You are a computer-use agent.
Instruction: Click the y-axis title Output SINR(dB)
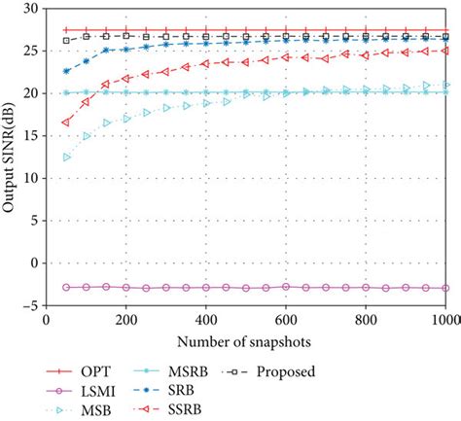(x=13, y=156)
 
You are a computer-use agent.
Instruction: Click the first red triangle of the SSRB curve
(x=66, y=122)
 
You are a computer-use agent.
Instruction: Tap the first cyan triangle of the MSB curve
(x=66, y=157)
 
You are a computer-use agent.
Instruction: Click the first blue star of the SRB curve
(x=66, y=71)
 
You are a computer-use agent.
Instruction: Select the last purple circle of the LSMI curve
(x=444, y=288)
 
